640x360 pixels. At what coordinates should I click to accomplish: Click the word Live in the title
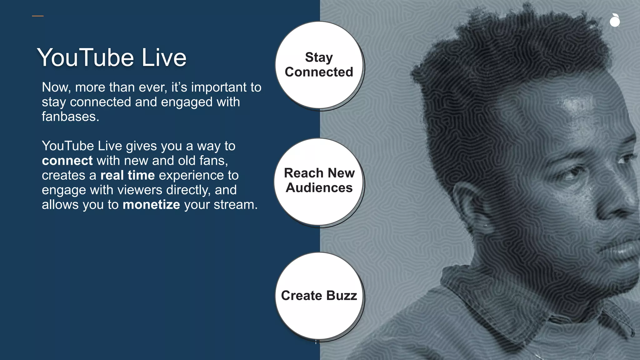[164, 58]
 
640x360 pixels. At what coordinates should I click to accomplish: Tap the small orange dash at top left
[38, 16]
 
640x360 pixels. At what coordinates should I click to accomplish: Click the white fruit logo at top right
[615, 21]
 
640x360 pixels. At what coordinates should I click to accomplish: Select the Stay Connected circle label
[319, 65]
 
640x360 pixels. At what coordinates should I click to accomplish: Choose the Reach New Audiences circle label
[319, 180]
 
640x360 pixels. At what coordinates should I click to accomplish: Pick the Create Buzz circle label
[319, 296]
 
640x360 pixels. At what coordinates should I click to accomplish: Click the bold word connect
[67, 161]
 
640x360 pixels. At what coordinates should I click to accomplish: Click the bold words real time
[127, 176]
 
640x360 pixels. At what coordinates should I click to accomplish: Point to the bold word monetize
[151, 205]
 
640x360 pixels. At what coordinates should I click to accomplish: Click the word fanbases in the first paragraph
[70, 117]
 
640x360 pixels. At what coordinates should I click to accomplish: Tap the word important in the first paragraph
[219, 87]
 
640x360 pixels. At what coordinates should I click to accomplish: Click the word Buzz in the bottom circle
[342, 296]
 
